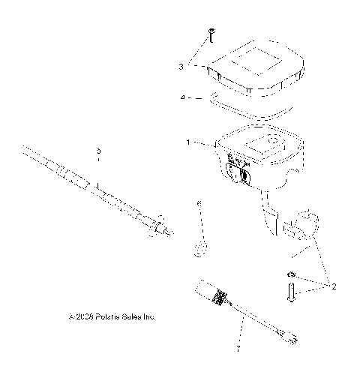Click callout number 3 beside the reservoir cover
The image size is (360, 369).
point(181,67)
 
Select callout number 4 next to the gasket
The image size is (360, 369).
point(181,97)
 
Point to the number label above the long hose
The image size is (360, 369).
point(97,151)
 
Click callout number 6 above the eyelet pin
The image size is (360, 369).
point(199,203)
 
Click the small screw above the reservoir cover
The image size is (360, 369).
point(212,33)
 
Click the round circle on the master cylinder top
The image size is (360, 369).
point(273,141)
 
